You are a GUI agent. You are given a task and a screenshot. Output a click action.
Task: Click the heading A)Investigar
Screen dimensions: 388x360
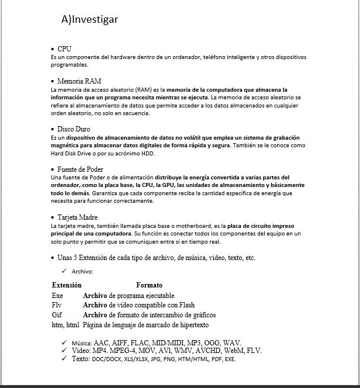point(89,19)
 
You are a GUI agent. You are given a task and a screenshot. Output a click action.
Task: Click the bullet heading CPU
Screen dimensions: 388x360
point(64,49)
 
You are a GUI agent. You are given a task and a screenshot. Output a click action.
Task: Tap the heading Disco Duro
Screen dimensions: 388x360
point(74,129)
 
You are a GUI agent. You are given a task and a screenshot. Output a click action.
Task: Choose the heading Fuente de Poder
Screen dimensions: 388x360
point(80,169)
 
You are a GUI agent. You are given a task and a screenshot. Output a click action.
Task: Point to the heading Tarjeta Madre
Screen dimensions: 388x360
point(77,217)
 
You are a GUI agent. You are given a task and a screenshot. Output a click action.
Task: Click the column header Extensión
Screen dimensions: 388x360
point(67,285)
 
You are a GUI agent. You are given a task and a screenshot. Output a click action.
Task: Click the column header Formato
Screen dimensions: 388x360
point(149,285)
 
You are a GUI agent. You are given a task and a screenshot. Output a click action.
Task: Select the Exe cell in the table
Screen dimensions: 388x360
point(57,296)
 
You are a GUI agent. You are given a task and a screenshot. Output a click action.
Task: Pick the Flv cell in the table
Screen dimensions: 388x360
point(57,305)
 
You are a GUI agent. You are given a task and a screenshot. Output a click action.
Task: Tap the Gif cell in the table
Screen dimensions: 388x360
point(57,314)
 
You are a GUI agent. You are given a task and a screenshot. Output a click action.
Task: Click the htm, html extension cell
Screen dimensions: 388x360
point(65,324)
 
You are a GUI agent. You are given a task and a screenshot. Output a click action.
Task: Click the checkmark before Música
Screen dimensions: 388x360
point(63,342)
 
